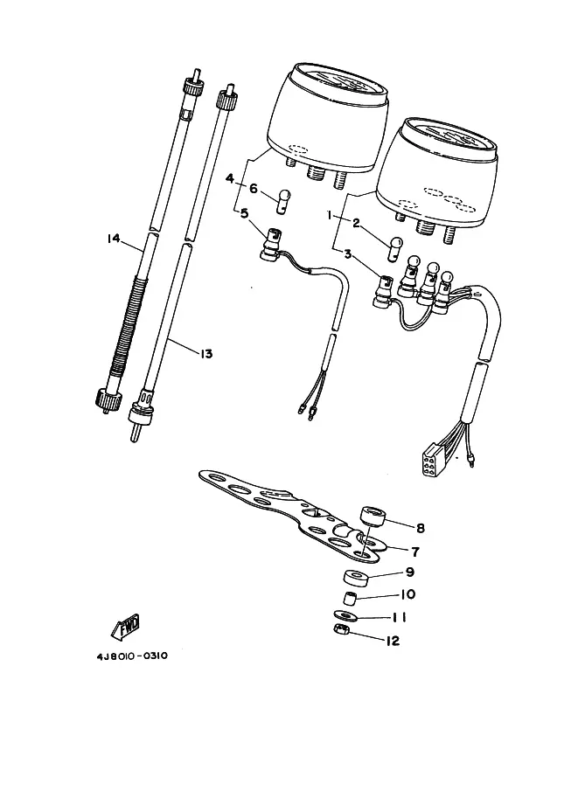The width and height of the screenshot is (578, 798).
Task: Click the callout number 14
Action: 113,238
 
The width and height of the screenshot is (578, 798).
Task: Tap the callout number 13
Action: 206,353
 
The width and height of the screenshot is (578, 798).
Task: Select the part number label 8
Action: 420,528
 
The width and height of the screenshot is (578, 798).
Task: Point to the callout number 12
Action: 393,641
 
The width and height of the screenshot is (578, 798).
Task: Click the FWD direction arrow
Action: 125,626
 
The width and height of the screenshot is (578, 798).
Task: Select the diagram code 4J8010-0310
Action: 132,656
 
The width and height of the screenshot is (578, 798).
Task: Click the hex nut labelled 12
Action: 339,629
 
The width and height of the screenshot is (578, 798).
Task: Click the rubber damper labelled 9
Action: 352,579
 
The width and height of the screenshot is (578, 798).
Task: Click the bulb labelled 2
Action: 396,249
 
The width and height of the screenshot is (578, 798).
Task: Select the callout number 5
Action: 245,212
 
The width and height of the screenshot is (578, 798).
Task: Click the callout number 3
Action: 348,253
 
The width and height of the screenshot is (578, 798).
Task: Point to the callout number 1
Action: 330,216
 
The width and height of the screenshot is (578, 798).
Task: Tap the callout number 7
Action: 415,552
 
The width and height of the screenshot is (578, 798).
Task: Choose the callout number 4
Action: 230,178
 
